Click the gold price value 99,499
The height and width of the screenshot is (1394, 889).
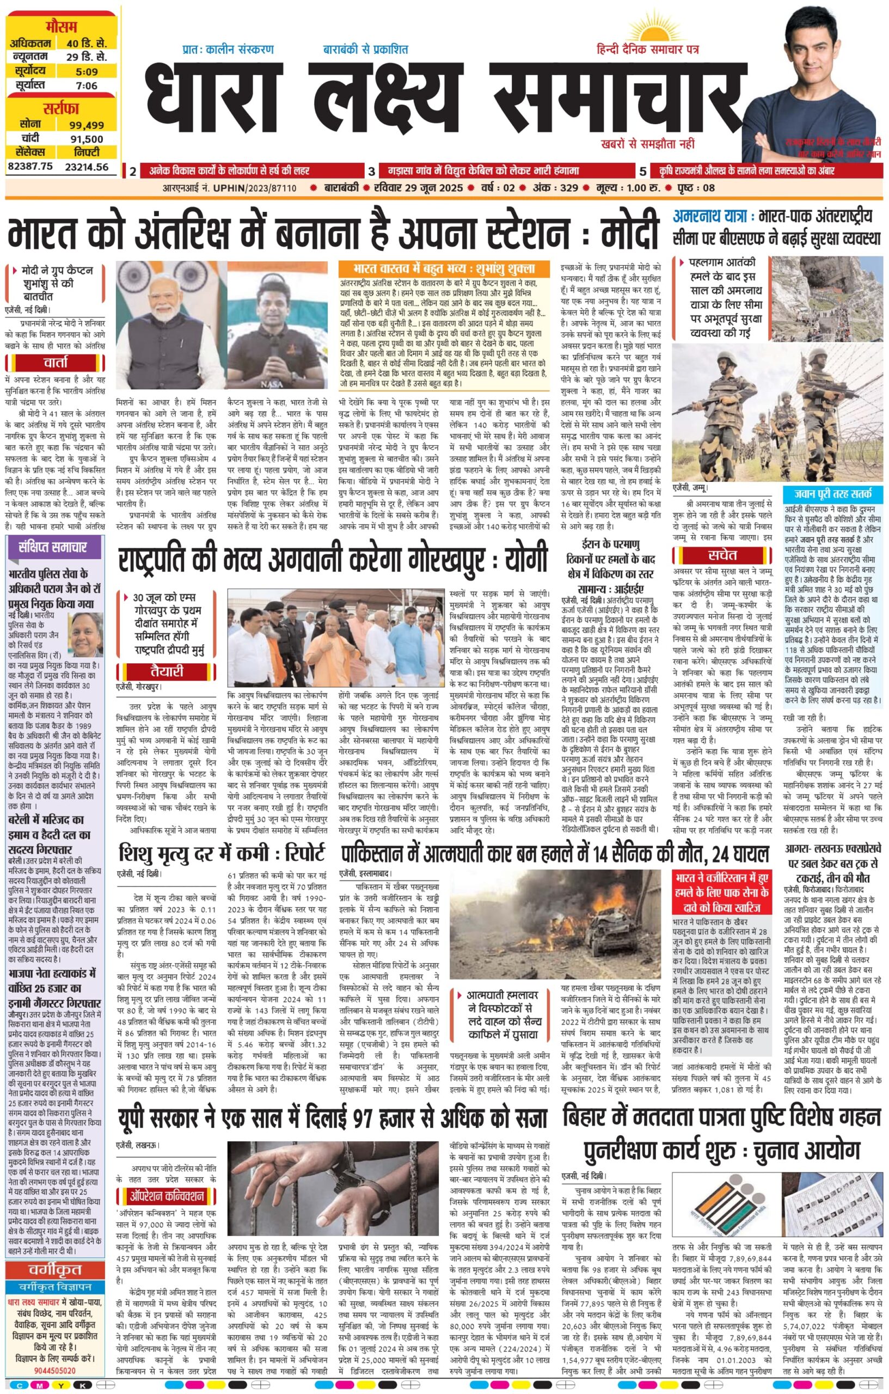(x=86, y=125)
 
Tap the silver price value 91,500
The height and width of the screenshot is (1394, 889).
(x=86, y=139)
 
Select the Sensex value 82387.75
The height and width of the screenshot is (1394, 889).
(x=30, y=166)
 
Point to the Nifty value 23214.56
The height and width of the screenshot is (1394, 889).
(x=86, y=167)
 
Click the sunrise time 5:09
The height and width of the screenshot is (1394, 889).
(x=85, y=72)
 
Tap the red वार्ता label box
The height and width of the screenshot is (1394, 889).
(x=57, y=363)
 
